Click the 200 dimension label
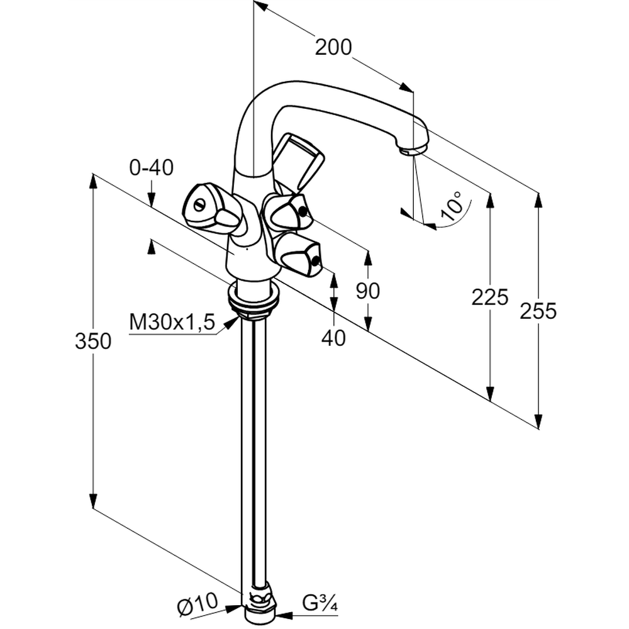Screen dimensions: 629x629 (333, 47)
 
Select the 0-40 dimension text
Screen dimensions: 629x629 (151, 168)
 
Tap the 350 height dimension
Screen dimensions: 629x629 (93, 342)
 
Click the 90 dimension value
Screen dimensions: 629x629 (368, 291)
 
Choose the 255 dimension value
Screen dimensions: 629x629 (538, 311)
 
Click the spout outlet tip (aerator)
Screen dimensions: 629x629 (413, 150)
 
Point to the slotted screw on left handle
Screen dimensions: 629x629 (200, 205)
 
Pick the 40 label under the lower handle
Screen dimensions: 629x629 (333, 338)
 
